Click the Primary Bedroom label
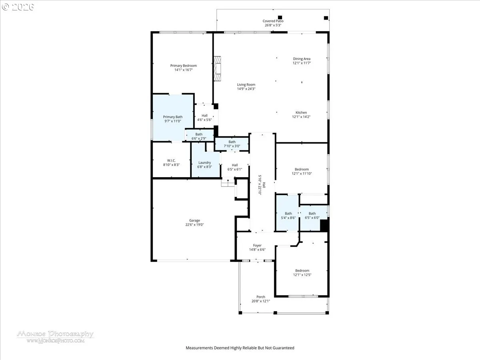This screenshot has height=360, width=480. click(184, 66)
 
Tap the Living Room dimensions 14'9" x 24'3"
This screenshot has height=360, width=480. click(246, 89)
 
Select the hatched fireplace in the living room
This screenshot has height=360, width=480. click(217, 69)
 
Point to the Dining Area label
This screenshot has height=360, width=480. click(302, 59)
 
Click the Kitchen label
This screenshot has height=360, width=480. click(301, 112)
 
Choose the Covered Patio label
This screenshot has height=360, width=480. click(273, 21)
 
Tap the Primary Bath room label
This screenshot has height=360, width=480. click(173, 117)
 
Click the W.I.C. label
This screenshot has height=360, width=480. click(171, 160)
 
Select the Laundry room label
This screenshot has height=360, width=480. click(204, 163)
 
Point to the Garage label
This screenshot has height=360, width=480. click(195, 220)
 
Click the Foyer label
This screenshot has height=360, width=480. click(257, 246)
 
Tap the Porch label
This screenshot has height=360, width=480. click(261, 297)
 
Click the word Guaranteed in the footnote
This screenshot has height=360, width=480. click(283, 348)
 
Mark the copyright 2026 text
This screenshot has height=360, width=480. click(18, 7)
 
